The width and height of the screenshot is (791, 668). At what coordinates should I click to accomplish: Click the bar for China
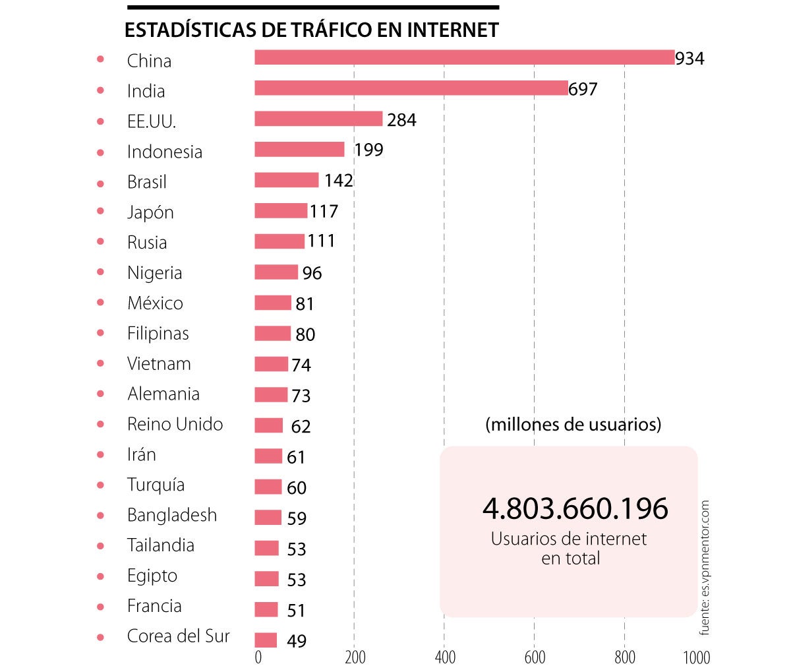click(x=464, y=57)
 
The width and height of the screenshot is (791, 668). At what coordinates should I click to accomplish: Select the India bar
click(x=411, y=88)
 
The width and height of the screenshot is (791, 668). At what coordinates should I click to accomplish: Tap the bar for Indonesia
click(x=299, y=149)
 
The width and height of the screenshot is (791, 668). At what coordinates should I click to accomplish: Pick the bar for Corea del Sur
click(x=266, y=640)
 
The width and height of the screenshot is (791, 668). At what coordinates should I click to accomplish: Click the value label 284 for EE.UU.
click(x=401, y=120)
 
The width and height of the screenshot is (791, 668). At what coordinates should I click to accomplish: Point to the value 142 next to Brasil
click(x=339, y=181)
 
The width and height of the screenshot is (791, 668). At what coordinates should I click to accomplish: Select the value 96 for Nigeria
click(x=312, y=273)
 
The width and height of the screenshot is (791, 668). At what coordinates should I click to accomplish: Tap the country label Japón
click(x=150, y=212)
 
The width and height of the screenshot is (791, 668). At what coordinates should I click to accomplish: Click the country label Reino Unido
click(x=175, y=424)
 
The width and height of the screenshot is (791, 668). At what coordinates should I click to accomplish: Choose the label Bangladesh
click(x=171, y=515)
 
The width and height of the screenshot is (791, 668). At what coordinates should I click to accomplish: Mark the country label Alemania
click(x=163, y=394)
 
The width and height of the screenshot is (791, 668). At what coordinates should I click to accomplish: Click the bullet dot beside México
click(x=100, y=303)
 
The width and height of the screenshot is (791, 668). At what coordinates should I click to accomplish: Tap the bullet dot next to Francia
click(x=100, y=606)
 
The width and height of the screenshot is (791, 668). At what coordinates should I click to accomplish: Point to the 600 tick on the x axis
click(x=535, y=657)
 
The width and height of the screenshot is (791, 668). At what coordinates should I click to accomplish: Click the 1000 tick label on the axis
click(x=697, y=657)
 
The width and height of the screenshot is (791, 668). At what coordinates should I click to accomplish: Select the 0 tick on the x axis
click(x=258, y=657)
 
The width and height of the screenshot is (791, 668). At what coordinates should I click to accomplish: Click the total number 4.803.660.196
click(x=575, y=508)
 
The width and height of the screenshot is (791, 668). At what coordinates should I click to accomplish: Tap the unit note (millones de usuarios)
click(x=573, y=424)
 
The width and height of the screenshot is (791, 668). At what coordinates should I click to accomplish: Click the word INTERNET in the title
click(x=452, y=30)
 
